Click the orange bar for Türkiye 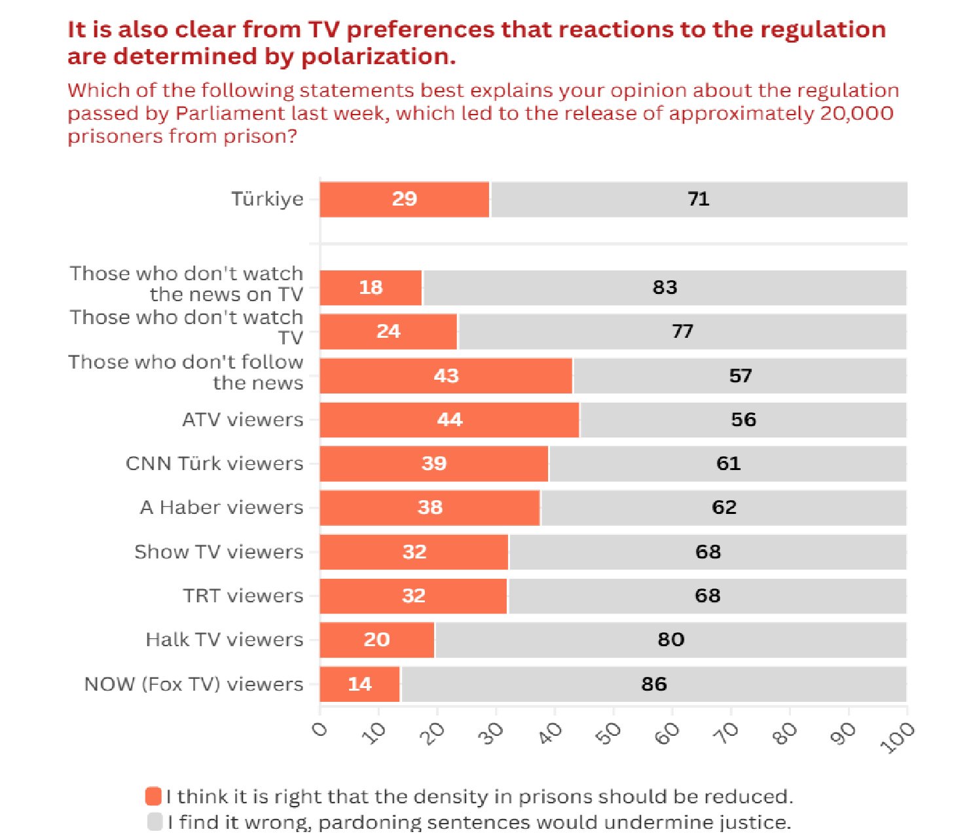405,199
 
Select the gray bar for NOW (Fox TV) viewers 653,684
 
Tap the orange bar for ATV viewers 449,420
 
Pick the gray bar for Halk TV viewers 670,640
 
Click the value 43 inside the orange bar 446,376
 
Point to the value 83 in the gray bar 665,287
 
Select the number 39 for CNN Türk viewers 433,464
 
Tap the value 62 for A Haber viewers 724,507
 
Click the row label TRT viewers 243,596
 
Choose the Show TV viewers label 219,552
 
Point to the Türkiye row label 267,199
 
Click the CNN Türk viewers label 214,464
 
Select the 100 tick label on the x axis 898,738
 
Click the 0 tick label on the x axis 320,729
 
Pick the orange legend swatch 154,796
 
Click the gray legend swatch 155,821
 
